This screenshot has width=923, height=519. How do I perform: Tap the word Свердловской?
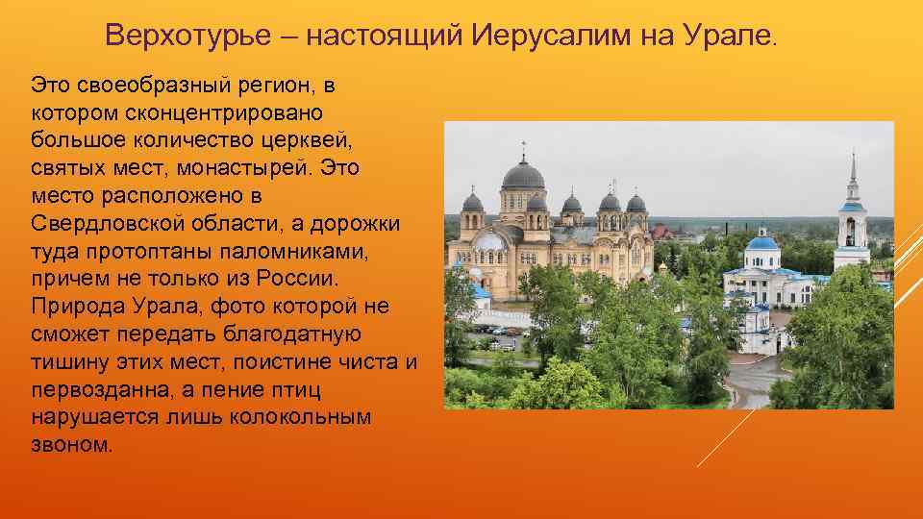105,224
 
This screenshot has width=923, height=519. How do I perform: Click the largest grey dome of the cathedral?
523,175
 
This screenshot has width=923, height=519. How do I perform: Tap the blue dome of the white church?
762,241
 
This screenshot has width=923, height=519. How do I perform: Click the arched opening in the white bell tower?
850,231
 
